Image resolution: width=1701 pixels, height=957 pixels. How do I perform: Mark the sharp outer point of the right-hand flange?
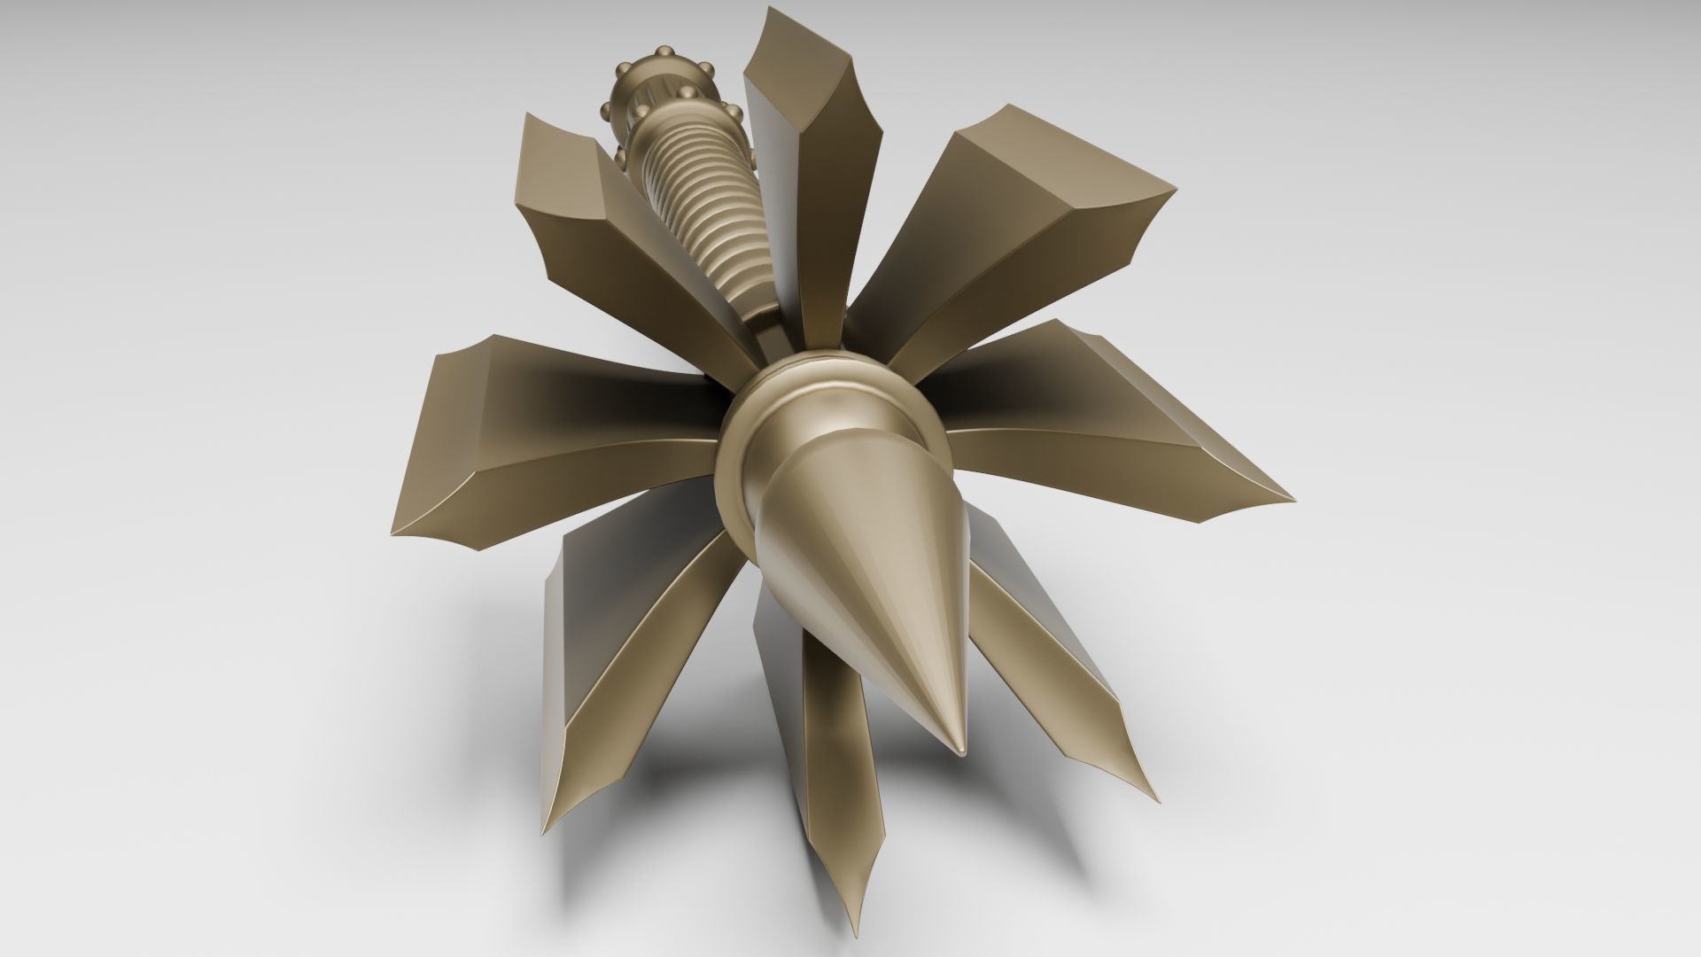click(x=1292, y=495)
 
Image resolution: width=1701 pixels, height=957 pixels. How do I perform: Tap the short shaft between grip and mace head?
click(x=769, y=332)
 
